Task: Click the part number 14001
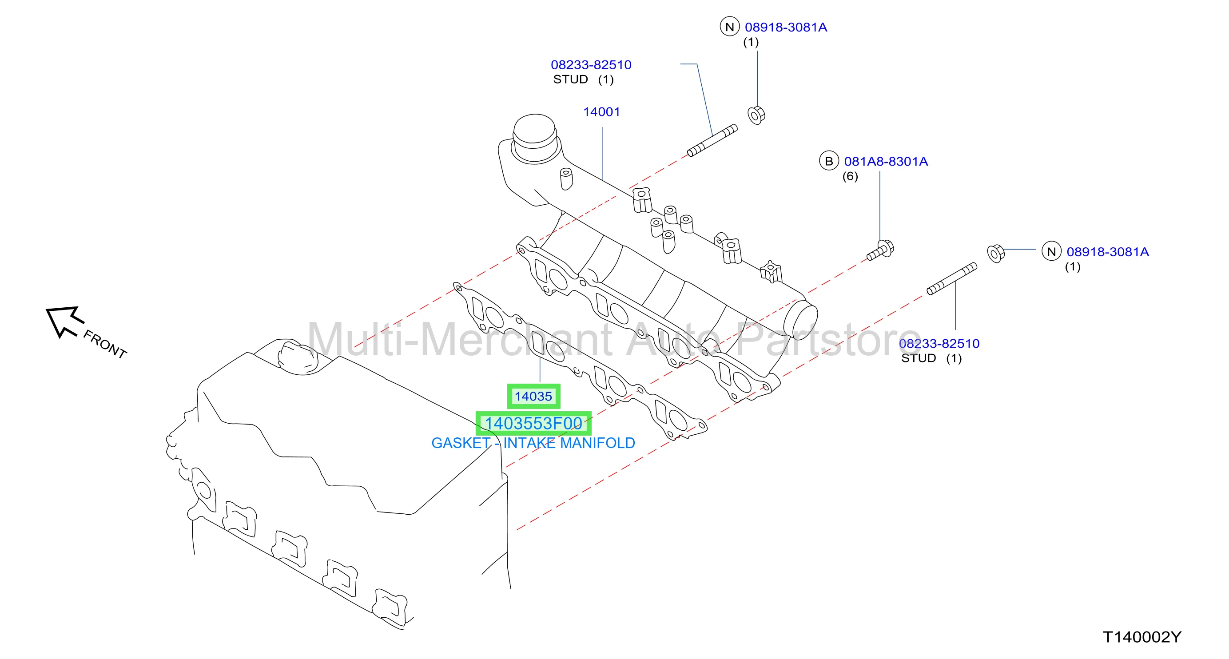point(601,111)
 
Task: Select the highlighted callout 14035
point(533,396)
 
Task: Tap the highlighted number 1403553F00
point(533,423)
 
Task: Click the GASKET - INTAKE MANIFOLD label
point(533,443)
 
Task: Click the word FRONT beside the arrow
point(105,344)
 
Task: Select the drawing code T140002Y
point(1141,637)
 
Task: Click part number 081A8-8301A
point(886,162)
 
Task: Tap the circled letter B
point(829,161)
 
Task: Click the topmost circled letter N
point(729,27)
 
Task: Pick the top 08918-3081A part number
point(786,27)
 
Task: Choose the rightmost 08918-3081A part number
point(1107,252)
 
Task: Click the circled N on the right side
point(1051,251)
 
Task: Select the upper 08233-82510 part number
point(591,65)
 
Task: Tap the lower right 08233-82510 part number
point(939,343)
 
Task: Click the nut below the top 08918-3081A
point(756,115)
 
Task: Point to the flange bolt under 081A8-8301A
point(880,250)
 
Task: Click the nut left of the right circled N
point(996,253)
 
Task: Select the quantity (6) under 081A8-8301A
point(850,176)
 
